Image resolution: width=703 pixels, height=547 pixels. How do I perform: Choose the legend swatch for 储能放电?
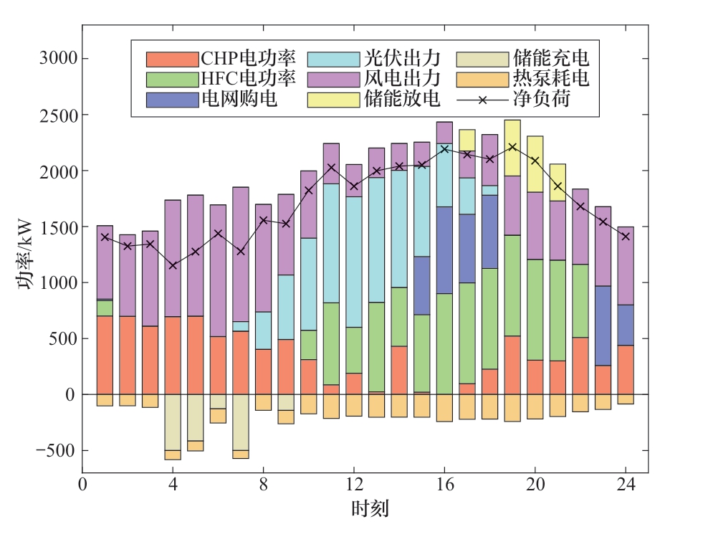[x=333, y=98]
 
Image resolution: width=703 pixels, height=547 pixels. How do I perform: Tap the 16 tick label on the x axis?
[x=444, y=485]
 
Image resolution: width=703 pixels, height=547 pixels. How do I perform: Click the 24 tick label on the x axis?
[x=625, y=485]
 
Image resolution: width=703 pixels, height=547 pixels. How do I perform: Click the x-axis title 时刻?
[x=370, y=510]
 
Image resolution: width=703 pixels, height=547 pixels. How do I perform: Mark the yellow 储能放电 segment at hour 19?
[x=512, y=148]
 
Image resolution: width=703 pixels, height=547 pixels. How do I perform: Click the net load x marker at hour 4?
[x=173, y=265]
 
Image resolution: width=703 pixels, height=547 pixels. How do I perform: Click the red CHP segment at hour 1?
[x=105, y=355]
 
